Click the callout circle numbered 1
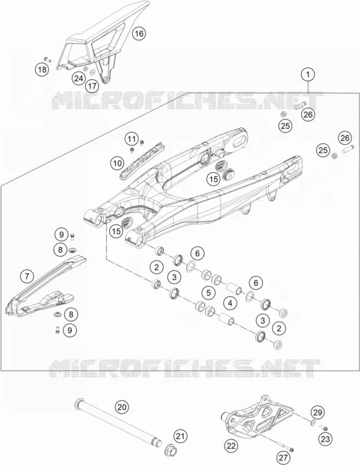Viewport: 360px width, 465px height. pos(308,74)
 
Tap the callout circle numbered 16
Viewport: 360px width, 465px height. pos(139,34)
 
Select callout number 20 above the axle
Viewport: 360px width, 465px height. pos(122,407)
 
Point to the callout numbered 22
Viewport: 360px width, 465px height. pos(231,446)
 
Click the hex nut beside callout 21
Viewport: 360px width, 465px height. pos(170,449)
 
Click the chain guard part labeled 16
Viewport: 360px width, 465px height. pos(101,42)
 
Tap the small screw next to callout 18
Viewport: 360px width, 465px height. pos(48,60)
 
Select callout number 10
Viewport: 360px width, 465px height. pos(117,163)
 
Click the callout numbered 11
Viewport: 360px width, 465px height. pos(132,139)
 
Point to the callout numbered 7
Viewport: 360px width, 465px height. pos(27,277)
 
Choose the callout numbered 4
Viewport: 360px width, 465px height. pos(230,303)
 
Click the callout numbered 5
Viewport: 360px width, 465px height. pos(208,293)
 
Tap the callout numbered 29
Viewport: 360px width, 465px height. pos(318,413)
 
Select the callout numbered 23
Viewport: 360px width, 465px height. pos(326,439)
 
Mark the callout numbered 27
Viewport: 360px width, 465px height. pos(284,458)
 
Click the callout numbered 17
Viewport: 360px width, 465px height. pos(93,86)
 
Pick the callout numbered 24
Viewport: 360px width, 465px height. pos(78,78)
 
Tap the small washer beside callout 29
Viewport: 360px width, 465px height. pos(313,423)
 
